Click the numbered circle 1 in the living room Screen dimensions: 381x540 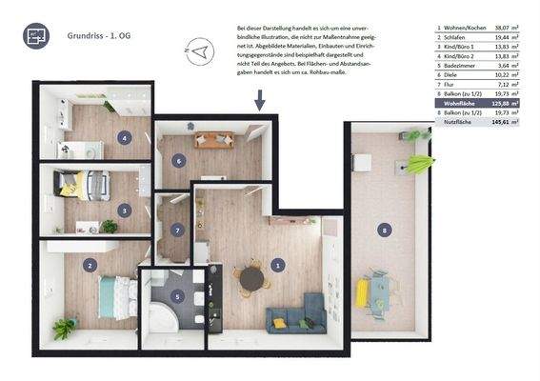pos(277,265)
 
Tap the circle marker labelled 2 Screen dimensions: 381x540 pos(90,266)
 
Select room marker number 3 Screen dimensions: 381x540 pos(124,210)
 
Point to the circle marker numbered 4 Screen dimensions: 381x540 pos(124,137)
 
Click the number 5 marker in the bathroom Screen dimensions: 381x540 pos(177,296)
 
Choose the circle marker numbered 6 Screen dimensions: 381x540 pos(178,161)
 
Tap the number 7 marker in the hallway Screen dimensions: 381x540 pos(178,230)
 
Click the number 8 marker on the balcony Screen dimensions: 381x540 pos(384,230)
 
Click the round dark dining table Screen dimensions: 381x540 pos(251,278)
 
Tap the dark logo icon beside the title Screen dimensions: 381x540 pos(37,37)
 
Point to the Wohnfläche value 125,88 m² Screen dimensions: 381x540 pos(506,103)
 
